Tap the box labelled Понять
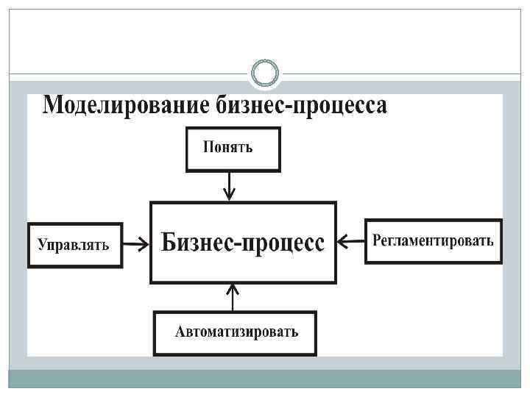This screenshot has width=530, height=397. pyautogui.click(x=232, y=149)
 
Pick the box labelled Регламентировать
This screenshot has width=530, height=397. pyautogui.click(x=434, y=241)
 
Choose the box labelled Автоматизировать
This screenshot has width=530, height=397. pyautogui.click(x=236, y=333)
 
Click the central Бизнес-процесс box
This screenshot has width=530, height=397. pyautogui.click(x=243, y=243)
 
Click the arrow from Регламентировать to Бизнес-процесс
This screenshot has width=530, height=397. pyautogui.click(x=351, y=240)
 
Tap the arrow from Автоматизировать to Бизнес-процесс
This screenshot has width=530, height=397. pyautogui.click(x=233, y=297)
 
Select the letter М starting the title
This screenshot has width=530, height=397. pyautogui.click(x=54, y=105)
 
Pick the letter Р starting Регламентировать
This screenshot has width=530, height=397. pyautogui.click(x=377, y=240)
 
